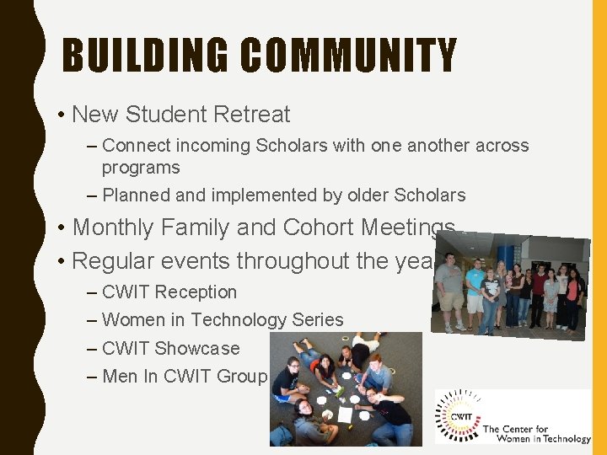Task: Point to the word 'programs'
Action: [141, 168]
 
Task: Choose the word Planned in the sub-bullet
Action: [137, 195]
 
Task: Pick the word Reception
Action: [196, 292]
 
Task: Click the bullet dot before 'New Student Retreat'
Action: [62, 115]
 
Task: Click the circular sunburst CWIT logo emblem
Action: [459, 415]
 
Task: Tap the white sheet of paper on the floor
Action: [345, 415]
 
